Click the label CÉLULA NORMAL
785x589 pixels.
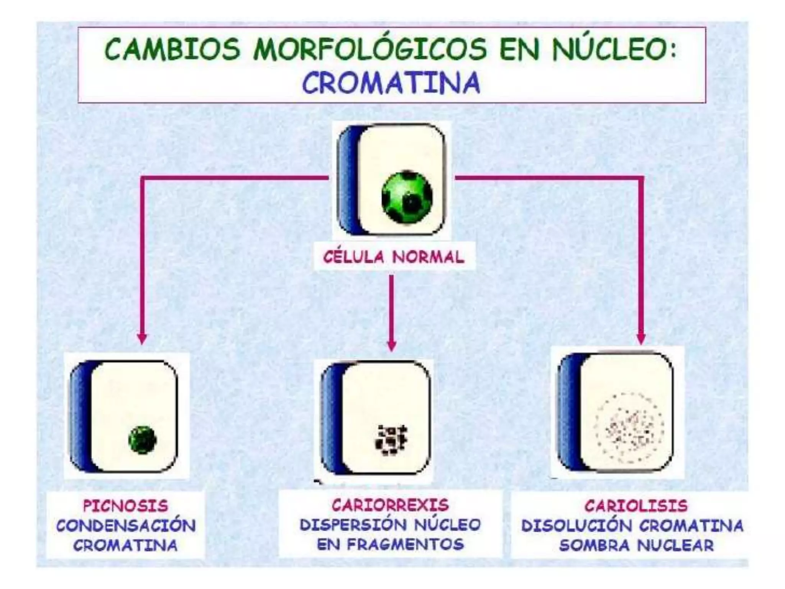[x=394, y=257]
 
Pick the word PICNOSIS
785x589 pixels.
[x=126, y=506]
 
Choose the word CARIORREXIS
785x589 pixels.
[x=390, y=505]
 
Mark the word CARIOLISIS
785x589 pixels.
[x=636, y=506]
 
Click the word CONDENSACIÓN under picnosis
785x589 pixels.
[x=126, y=525]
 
